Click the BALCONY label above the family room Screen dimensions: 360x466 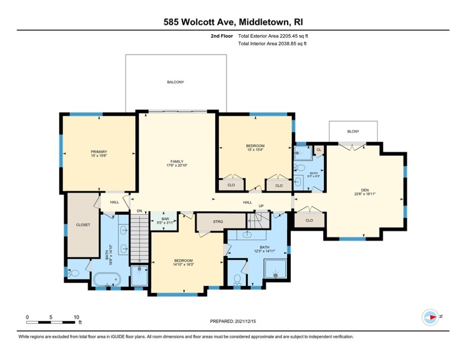point(176,82)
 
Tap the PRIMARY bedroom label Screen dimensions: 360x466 point(99,151)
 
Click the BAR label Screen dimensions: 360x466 point(164,218)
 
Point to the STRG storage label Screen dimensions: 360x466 point(218,221)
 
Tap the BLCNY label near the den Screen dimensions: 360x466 point(353,131)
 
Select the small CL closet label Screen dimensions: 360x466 point(318,150)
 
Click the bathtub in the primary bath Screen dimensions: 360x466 point(107,280)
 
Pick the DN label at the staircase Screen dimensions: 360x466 point(139,211)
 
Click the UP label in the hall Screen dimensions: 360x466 point(261,205)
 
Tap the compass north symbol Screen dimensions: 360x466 point(430,317)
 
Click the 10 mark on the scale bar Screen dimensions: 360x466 point(76,317)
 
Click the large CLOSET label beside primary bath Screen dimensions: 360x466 point(83,225)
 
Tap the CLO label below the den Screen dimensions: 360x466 point(309,220)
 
